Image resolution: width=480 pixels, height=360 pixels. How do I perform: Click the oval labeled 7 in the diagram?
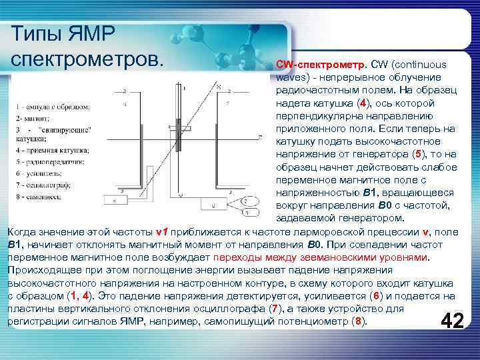[x=249, y=200]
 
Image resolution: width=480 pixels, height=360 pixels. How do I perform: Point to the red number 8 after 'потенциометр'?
[x=360, y=321]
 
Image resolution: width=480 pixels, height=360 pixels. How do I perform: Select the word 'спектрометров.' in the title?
[x=87, y=57]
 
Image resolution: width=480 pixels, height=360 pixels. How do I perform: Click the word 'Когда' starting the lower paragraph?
[x=23, y=232]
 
